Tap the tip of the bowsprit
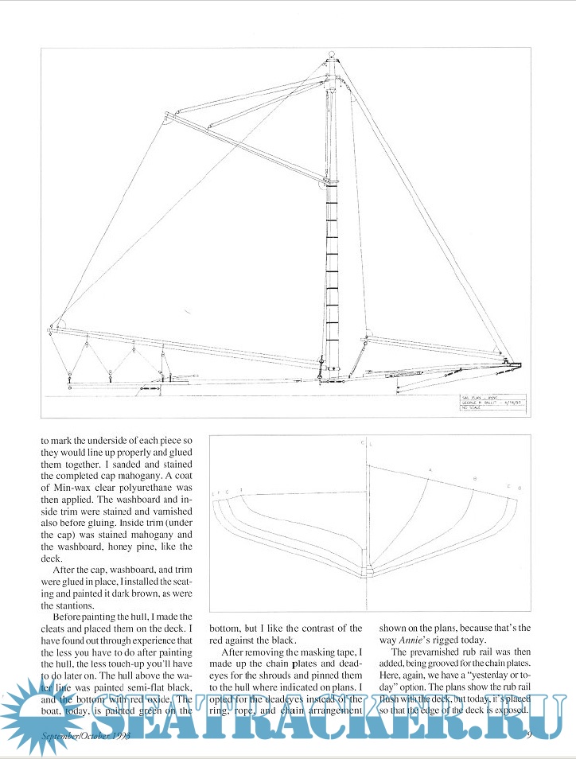coord(518,365)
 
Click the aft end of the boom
coord(53,325)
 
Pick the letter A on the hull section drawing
coord(430,470)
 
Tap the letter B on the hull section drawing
coord(475,478)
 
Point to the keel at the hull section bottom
coord(367,571)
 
